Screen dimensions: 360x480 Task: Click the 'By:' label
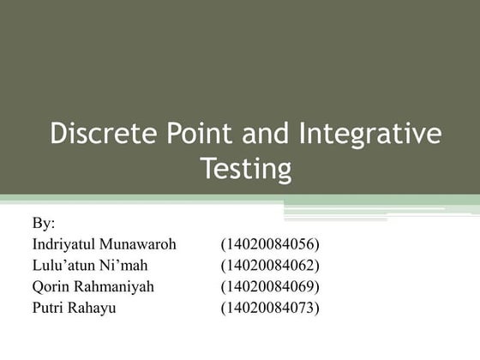click(x=44, y=224)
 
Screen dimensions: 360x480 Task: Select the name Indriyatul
click(x=64, y=244)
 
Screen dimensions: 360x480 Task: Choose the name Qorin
click(x=51, y=286)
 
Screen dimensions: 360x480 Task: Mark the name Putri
click(x=49, y=307)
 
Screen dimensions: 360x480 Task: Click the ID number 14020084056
click(x=269, y=244)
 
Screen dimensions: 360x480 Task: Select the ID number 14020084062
click(x=269, y=265)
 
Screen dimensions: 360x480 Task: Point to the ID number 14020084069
click(x=269, y=286)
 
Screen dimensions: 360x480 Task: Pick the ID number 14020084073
click(x=269, y=307)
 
